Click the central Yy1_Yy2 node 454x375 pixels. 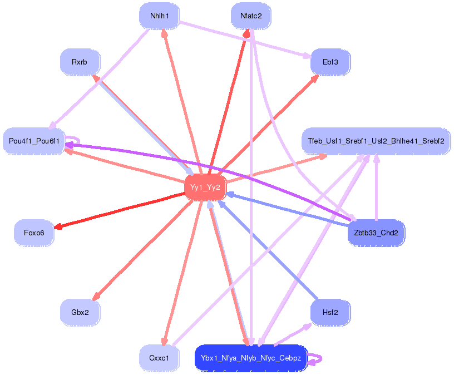(x=205, y=187)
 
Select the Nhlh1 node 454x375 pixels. (x=159, y=16)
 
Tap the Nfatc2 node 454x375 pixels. (x=251, y=16)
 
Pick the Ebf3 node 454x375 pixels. (x=330, y=62)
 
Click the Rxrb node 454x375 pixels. (x=80, y=62)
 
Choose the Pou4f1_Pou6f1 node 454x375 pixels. (x=34, y=141)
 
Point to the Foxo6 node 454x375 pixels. (x=34, y=233)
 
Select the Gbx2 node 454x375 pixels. (x=80, y=312)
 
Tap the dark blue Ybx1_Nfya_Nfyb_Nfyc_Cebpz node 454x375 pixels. (x=251, y=358)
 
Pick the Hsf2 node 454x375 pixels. (x=330, y=312)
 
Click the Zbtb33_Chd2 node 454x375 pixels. (x=376, y=233)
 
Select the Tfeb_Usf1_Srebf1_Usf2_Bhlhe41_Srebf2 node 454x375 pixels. (x=376, y=141)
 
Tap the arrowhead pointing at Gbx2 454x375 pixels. (x=96, y=297)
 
